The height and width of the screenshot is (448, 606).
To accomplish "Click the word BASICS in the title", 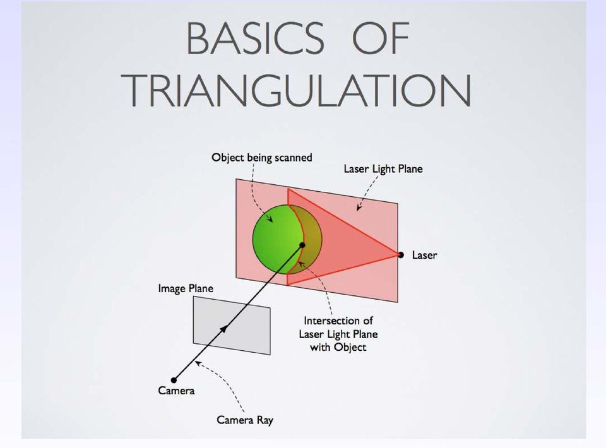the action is [x=255, y=38].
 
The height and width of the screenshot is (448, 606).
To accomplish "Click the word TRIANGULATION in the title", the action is [x=297, y=90].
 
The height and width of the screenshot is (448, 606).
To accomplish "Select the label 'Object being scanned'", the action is [x=261, y=158].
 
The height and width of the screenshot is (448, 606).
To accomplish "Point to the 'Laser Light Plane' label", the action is [x=383, y=168].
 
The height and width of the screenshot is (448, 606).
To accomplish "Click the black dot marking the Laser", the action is [x=401, y=255].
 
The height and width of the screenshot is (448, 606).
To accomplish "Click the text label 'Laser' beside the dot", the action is [x=424, y=255].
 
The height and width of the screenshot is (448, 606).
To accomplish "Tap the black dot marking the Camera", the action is [x=174, y=380].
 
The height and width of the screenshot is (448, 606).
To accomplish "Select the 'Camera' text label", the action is [x=176, y=391].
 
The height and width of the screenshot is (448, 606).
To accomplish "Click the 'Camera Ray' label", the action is [x=245, y=420].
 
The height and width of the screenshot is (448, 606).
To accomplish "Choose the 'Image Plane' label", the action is [x=186, y=288].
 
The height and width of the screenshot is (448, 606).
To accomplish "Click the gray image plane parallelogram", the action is [x=232, y=325].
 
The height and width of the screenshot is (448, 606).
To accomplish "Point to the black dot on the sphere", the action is [x=302, y=245].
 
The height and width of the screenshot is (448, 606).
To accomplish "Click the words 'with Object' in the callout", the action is [x=338, y=347].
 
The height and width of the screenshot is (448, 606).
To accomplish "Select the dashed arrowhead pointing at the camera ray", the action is [x=197, y=362].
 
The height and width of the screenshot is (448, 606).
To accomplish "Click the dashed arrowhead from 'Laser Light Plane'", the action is [x=359, y=208].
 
